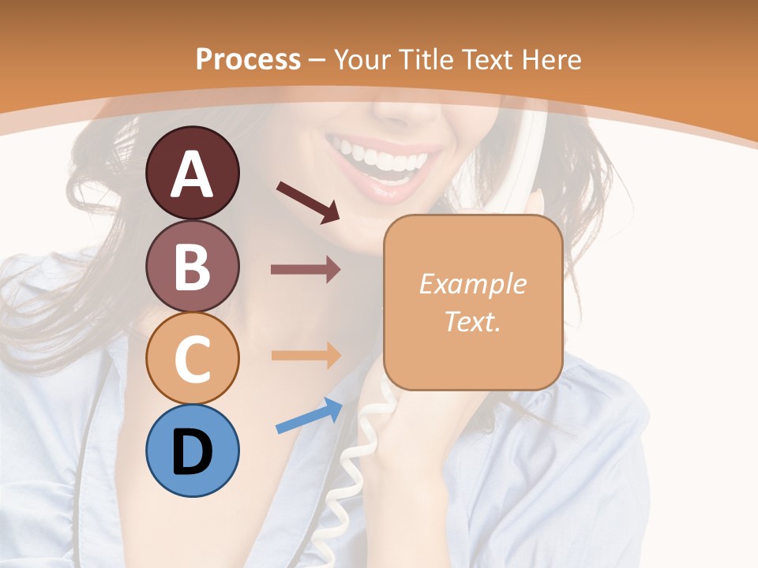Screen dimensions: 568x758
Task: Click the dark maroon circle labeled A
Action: coord(192,173)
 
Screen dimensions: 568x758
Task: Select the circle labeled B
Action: coord(192,266)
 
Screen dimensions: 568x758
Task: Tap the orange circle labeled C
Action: coord(192,359)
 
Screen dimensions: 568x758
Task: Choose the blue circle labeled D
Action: coord(192,451)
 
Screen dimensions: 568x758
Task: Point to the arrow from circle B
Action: coord(306,270)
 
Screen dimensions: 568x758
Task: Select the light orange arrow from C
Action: coord(306,355)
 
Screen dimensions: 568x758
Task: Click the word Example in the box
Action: coord(472,284)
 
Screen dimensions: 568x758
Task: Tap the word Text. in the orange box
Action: coord(472,321)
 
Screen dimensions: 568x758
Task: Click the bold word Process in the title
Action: coord(248,59)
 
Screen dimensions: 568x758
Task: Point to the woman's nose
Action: coord(399,110)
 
